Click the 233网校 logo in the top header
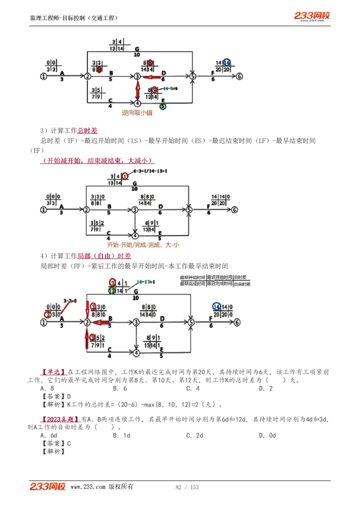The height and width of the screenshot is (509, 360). point(312,16)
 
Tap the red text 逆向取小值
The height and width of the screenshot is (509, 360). point(137,113)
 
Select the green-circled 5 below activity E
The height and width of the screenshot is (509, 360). point(162,107)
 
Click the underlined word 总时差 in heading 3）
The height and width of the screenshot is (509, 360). point(87,130)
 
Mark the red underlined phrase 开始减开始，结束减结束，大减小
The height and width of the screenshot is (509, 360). point(97,161)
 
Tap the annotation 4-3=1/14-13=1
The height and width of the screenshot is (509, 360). point(150,171)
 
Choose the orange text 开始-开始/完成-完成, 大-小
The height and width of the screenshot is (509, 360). point(143,245)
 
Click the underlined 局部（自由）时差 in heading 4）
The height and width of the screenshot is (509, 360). point(104,256)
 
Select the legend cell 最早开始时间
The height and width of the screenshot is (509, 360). point(192,278)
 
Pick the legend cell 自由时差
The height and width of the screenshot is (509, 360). point(243,284)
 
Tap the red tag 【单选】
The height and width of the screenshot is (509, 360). point(54,372)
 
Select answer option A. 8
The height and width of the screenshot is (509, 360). point(47,388)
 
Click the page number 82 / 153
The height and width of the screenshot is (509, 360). point(187,487)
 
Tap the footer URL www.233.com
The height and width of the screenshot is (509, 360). point(88,487)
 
